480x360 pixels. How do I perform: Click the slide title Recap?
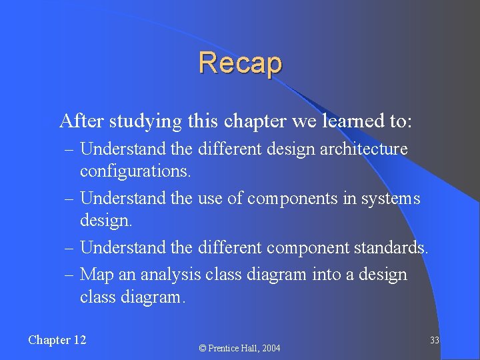coord(240,63)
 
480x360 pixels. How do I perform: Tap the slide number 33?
coord(434,341)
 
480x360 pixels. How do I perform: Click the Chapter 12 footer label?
coord(57,340)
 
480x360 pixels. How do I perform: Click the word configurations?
coord(135,171)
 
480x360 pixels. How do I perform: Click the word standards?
coord(391,248)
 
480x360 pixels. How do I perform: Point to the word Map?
coord(95,275)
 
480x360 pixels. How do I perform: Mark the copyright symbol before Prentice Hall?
coord(203,348)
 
